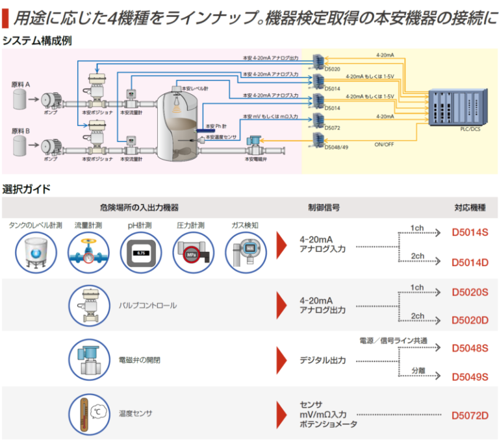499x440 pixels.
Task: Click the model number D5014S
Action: tap(470, 232)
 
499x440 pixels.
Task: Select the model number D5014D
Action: tap(470, 262)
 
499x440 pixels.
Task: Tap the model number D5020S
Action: tap(470, 292)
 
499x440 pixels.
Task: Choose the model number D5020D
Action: tap(470, 320)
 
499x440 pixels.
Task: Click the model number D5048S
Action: tap(470, 348)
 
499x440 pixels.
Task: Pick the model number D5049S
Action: tap(470, 376)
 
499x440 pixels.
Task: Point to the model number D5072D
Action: tap(470, 415)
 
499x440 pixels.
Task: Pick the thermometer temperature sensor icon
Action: tap(89, 412)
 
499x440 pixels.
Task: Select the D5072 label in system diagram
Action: tap(332, 127)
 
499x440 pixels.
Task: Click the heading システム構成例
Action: tap(36, 40)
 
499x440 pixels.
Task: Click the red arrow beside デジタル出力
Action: tap(282, 359)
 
